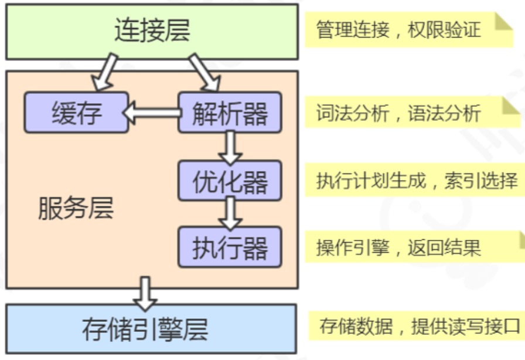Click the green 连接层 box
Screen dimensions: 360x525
click(x=152, y=32)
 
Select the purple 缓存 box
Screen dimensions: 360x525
click(x=76, y=113)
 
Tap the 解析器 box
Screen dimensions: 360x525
click(x=230, y=113)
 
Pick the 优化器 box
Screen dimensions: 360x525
click(x=230, y=181)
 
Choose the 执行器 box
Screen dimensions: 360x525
click(x=230, y=247)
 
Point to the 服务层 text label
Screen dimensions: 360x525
click(x=76, y=208)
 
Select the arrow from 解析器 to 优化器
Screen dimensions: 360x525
click(x=230, y=147)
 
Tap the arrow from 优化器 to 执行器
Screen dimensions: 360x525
click(x=230, y=213)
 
